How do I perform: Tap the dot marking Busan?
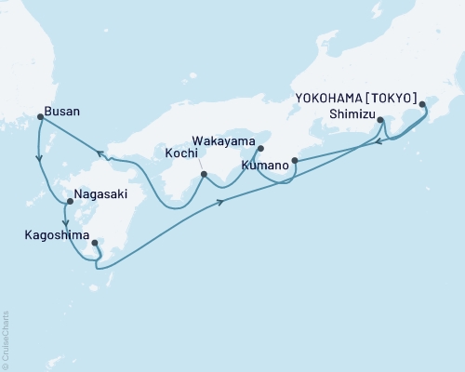coord(40,117)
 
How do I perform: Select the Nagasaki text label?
coord(100,197)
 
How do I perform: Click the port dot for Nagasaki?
coord(69,201)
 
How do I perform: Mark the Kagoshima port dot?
coord(95,243)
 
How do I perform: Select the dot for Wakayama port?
coord(260,148)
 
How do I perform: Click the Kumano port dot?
coord(295,160)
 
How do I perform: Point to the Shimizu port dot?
coord(381,118)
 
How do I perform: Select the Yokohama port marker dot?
coord(422,104)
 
